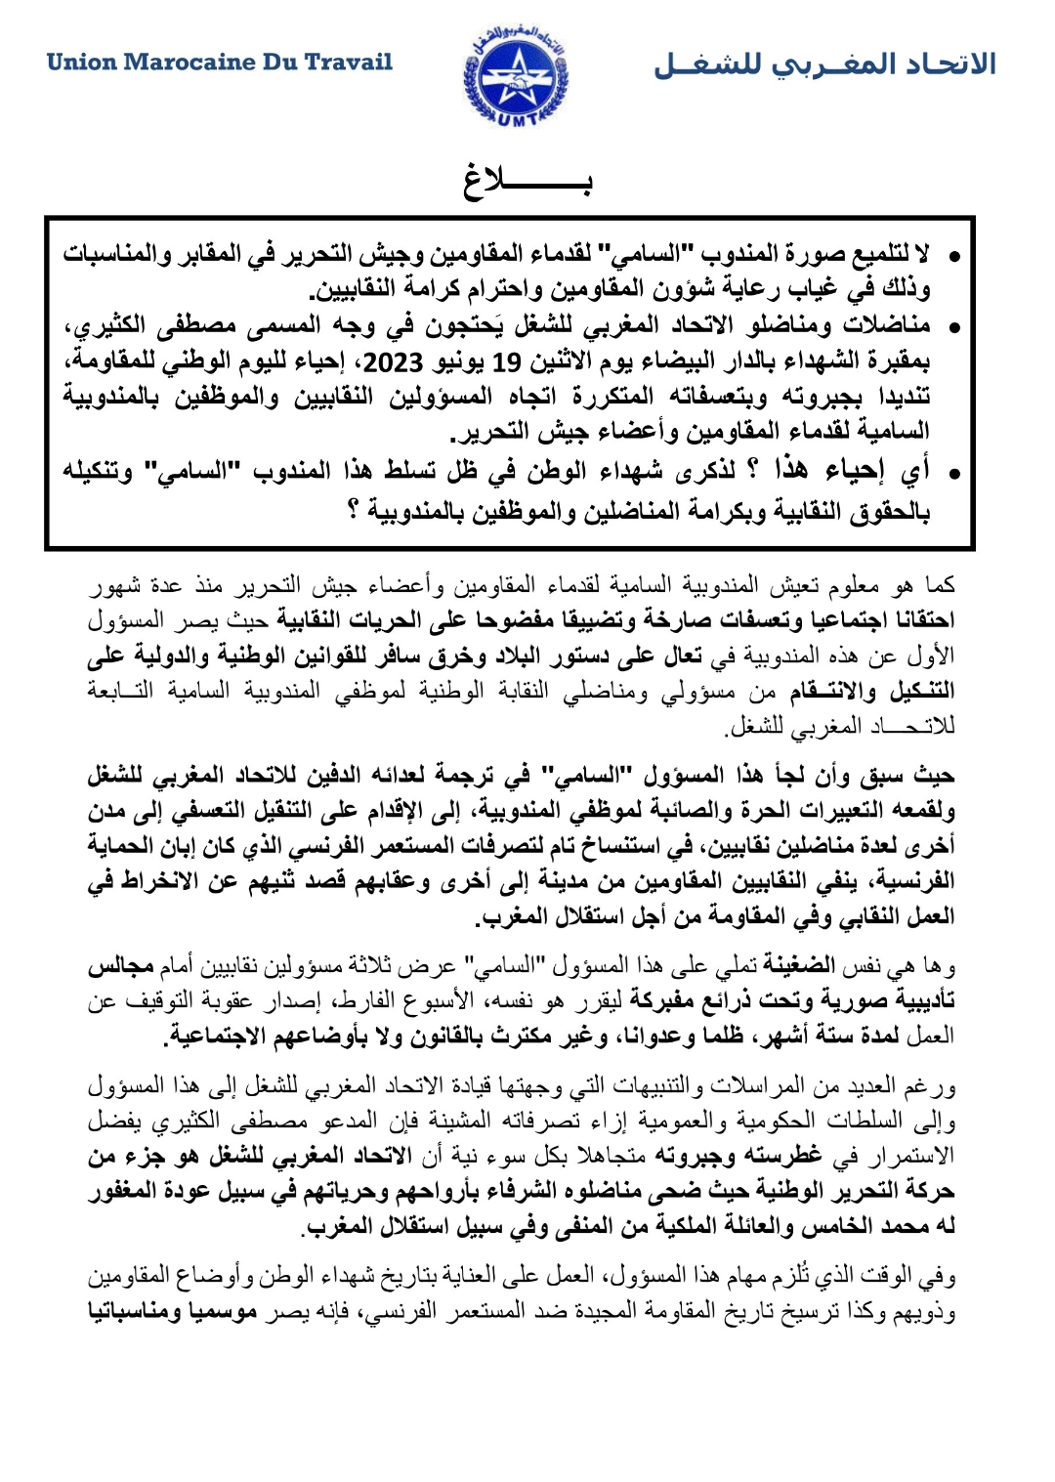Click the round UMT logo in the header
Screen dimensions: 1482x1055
click(x=516, y=74)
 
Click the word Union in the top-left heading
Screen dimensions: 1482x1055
click(x=81, y=63)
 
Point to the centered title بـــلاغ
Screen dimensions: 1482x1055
click(x=527, y=182)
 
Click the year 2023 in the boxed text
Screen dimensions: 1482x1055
click(x=393, y=362)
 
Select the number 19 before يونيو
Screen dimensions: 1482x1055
click(x=506, y=362)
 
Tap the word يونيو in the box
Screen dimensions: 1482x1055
click(x=459, y=362)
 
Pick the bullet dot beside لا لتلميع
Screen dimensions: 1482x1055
click(x=954, y=257)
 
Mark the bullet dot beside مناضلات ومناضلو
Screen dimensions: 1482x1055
click(x=954, y=327)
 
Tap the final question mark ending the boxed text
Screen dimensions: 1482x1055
click(x=354, y=509)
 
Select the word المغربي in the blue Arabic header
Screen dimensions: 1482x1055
click(x=823, y=64)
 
